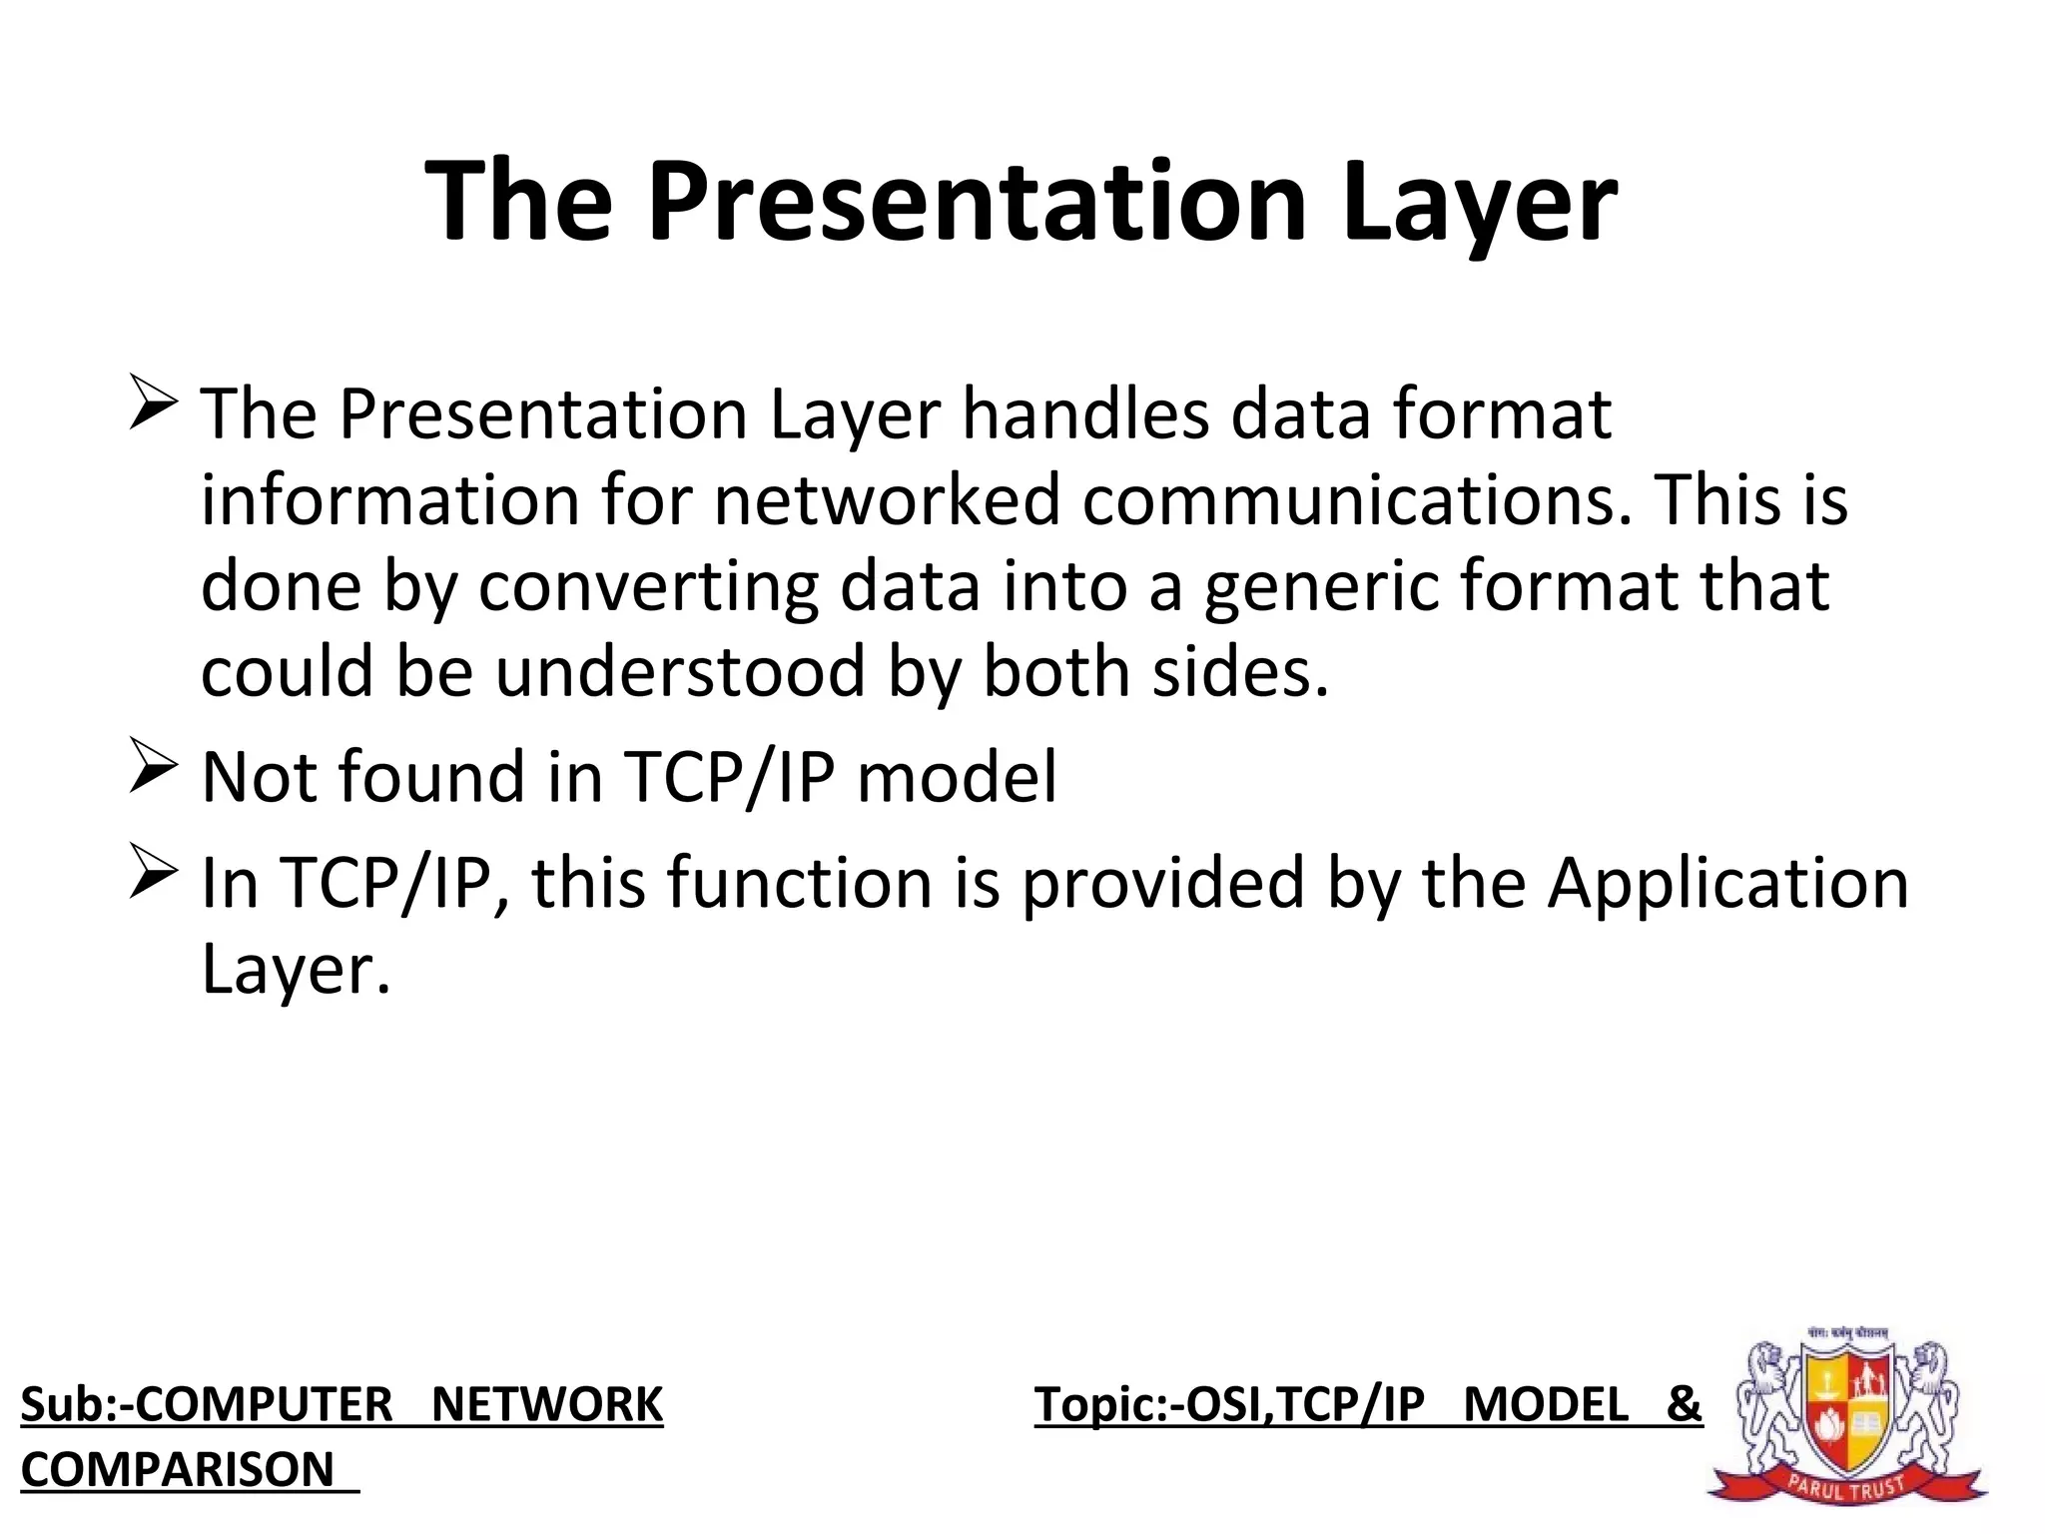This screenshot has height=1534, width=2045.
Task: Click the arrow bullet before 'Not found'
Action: pos(153,768)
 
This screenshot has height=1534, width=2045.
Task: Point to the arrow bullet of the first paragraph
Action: pos(153,404)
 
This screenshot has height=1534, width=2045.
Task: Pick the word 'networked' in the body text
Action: pos(887,499)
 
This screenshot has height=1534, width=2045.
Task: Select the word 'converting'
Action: pos(648,585)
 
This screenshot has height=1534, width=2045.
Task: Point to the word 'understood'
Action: pos(680,671)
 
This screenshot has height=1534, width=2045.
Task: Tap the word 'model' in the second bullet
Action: pos(957,777)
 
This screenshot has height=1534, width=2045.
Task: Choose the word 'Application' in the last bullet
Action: pos(1727,883)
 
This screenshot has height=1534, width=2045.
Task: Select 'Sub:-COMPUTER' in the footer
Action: pos(206,1404)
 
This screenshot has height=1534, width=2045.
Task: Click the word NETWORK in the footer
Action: pos(546,1404)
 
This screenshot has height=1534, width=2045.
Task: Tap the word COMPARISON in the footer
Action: pos(178,1469)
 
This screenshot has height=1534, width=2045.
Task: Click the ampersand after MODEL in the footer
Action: pos(1684,1404)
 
